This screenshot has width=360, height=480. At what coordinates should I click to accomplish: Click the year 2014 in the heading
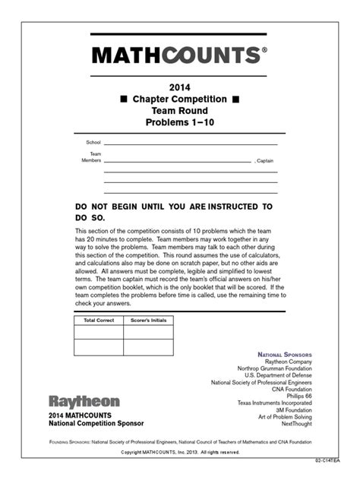(x=179, y=87)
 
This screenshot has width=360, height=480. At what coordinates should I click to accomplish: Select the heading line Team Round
(x=179, y=111)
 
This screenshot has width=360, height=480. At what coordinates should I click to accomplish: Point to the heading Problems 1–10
(x=179, y=122)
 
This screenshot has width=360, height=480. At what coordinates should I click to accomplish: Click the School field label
(x=93, y=142)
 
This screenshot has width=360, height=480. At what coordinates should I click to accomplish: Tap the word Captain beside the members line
(x=266, y=161)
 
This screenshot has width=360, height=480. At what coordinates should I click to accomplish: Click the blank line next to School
(x=190, y=144)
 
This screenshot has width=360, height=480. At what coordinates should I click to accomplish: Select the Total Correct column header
(x=99, y=321)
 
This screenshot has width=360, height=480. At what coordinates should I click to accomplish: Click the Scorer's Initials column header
(x=148, y=321)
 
